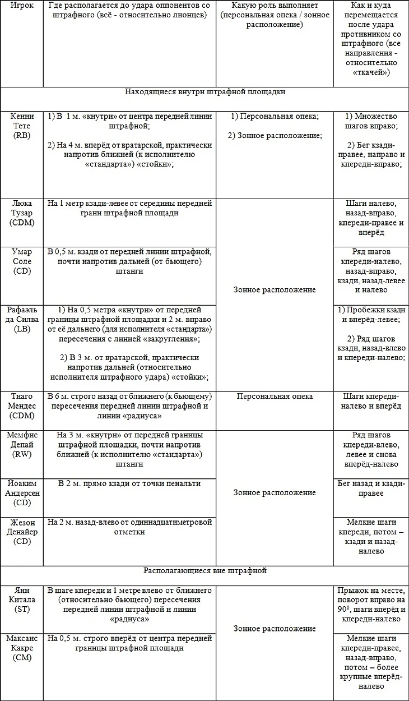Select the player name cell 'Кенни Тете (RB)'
coord(22,126)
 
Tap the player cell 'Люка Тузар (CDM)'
coord(22,213)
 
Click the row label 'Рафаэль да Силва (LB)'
coord(22,320)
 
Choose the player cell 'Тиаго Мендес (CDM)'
coord(22,406)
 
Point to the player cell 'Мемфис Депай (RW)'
coord(22,445)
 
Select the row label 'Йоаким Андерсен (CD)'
coord(22,493)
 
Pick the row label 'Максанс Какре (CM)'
coord(22,648)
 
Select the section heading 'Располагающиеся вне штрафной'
coord(204,571)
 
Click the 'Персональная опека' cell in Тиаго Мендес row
coord(275,396)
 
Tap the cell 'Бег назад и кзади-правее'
coord(371,488)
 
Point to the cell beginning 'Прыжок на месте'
coord(371,605)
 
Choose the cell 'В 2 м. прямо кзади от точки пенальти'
coord(129,483)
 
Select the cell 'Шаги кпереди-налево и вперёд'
coord(371,401)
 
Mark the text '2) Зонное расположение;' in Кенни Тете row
coord(275,136)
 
